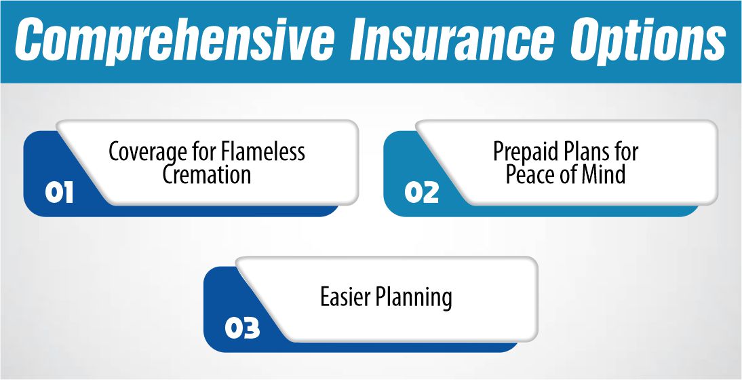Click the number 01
[59, 193]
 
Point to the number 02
[422, 193]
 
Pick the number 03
[242, 329]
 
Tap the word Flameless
[262, 151]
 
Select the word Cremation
[206, 174]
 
